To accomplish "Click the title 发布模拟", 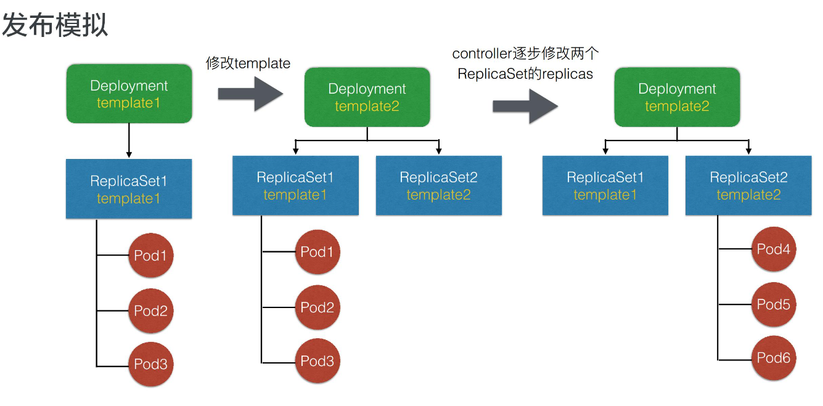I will pos(55,26).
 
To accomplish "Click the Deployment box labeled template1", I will pos(129,94).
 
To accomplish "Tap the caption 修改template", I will pos(248,63).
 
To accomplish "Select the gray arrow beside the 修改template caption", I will pos(250,94).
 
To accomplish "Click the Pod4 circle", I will pos(774,250).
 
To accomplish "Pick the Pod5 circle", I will pos(774,304).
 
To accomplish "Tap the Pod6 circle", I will pos(774,358).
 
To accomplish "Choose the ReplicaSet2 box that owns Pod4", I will pos(748,185).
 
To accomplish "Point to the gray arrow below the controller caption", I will pos(525,106).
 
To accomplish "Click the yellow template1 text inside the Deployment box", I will pos(128,103).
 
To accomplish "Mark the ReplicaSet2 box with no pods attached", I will pos(438,185).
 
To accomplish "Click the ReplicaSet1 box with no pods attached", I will pos(605,185).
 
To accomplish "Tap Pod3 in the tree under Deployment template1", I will pos(151,364).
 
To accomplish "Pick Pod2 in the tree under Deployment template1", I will pos(151,311).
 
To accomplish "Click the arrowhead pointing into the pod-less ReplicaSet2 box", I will pos(438,150).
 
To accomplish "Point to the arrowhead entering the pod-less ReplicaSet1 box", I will pos(605,150).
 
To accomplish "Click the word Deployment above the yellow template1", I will pos(129,86).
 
